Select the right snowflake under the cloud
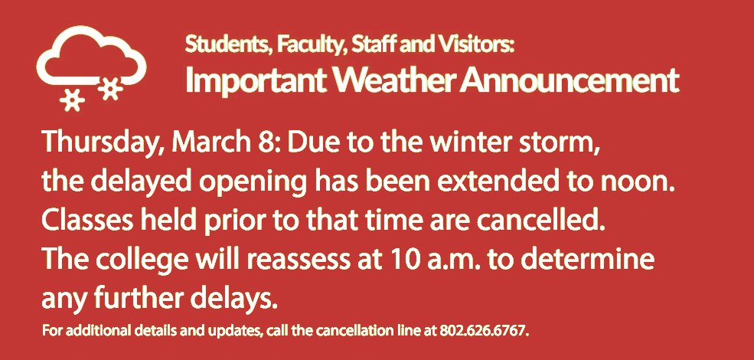click(112, 88)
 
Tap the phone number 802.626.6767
click(485, 332)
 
